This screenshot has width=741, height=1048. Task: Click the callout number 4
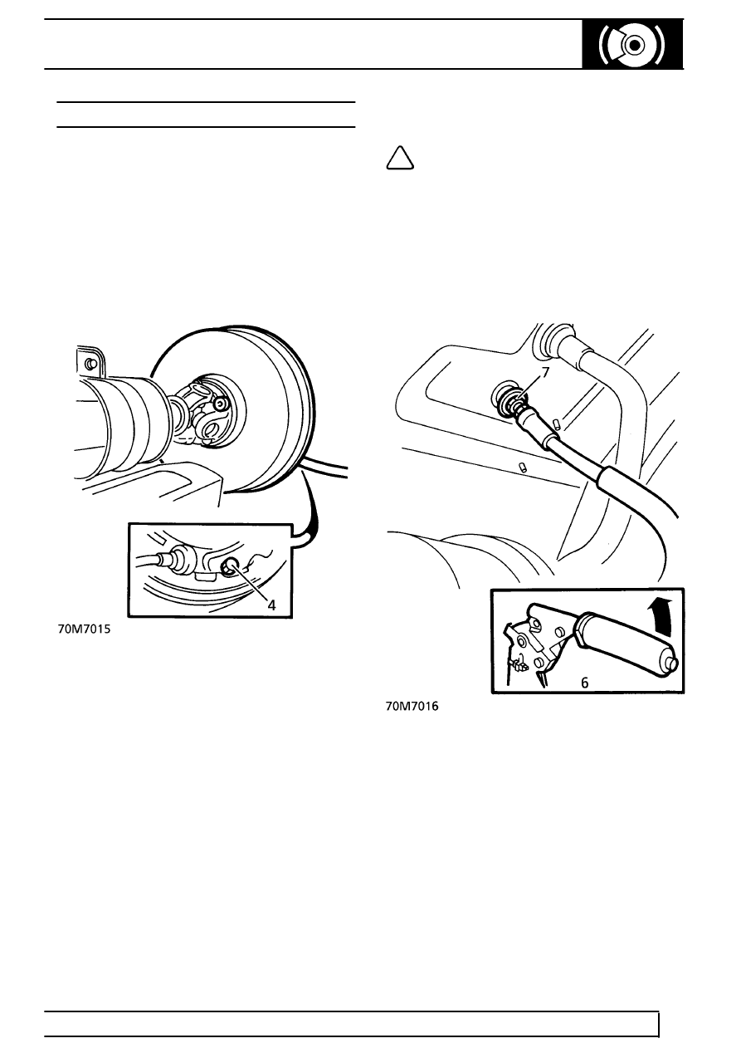click(271, 605)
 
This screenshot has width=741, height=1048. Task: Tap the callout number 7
click(545, 372)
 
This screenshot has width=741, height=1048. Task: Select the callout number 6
click(584, 683)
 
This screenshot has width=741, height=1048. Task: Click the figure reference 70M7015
click(84, 629)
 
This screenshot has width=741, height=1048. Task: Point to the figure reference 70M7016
click(412, 707)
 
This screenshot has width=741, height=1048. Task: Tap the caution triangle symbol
click(400, 158)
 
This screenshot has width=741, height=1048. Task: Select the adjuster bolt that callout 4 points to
click(230, 568)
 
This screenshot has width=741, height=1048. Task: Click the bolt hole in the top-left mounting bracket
click(91, 364)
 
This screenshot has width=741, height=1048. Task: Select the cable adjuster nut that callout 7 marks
click(519, 401)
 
